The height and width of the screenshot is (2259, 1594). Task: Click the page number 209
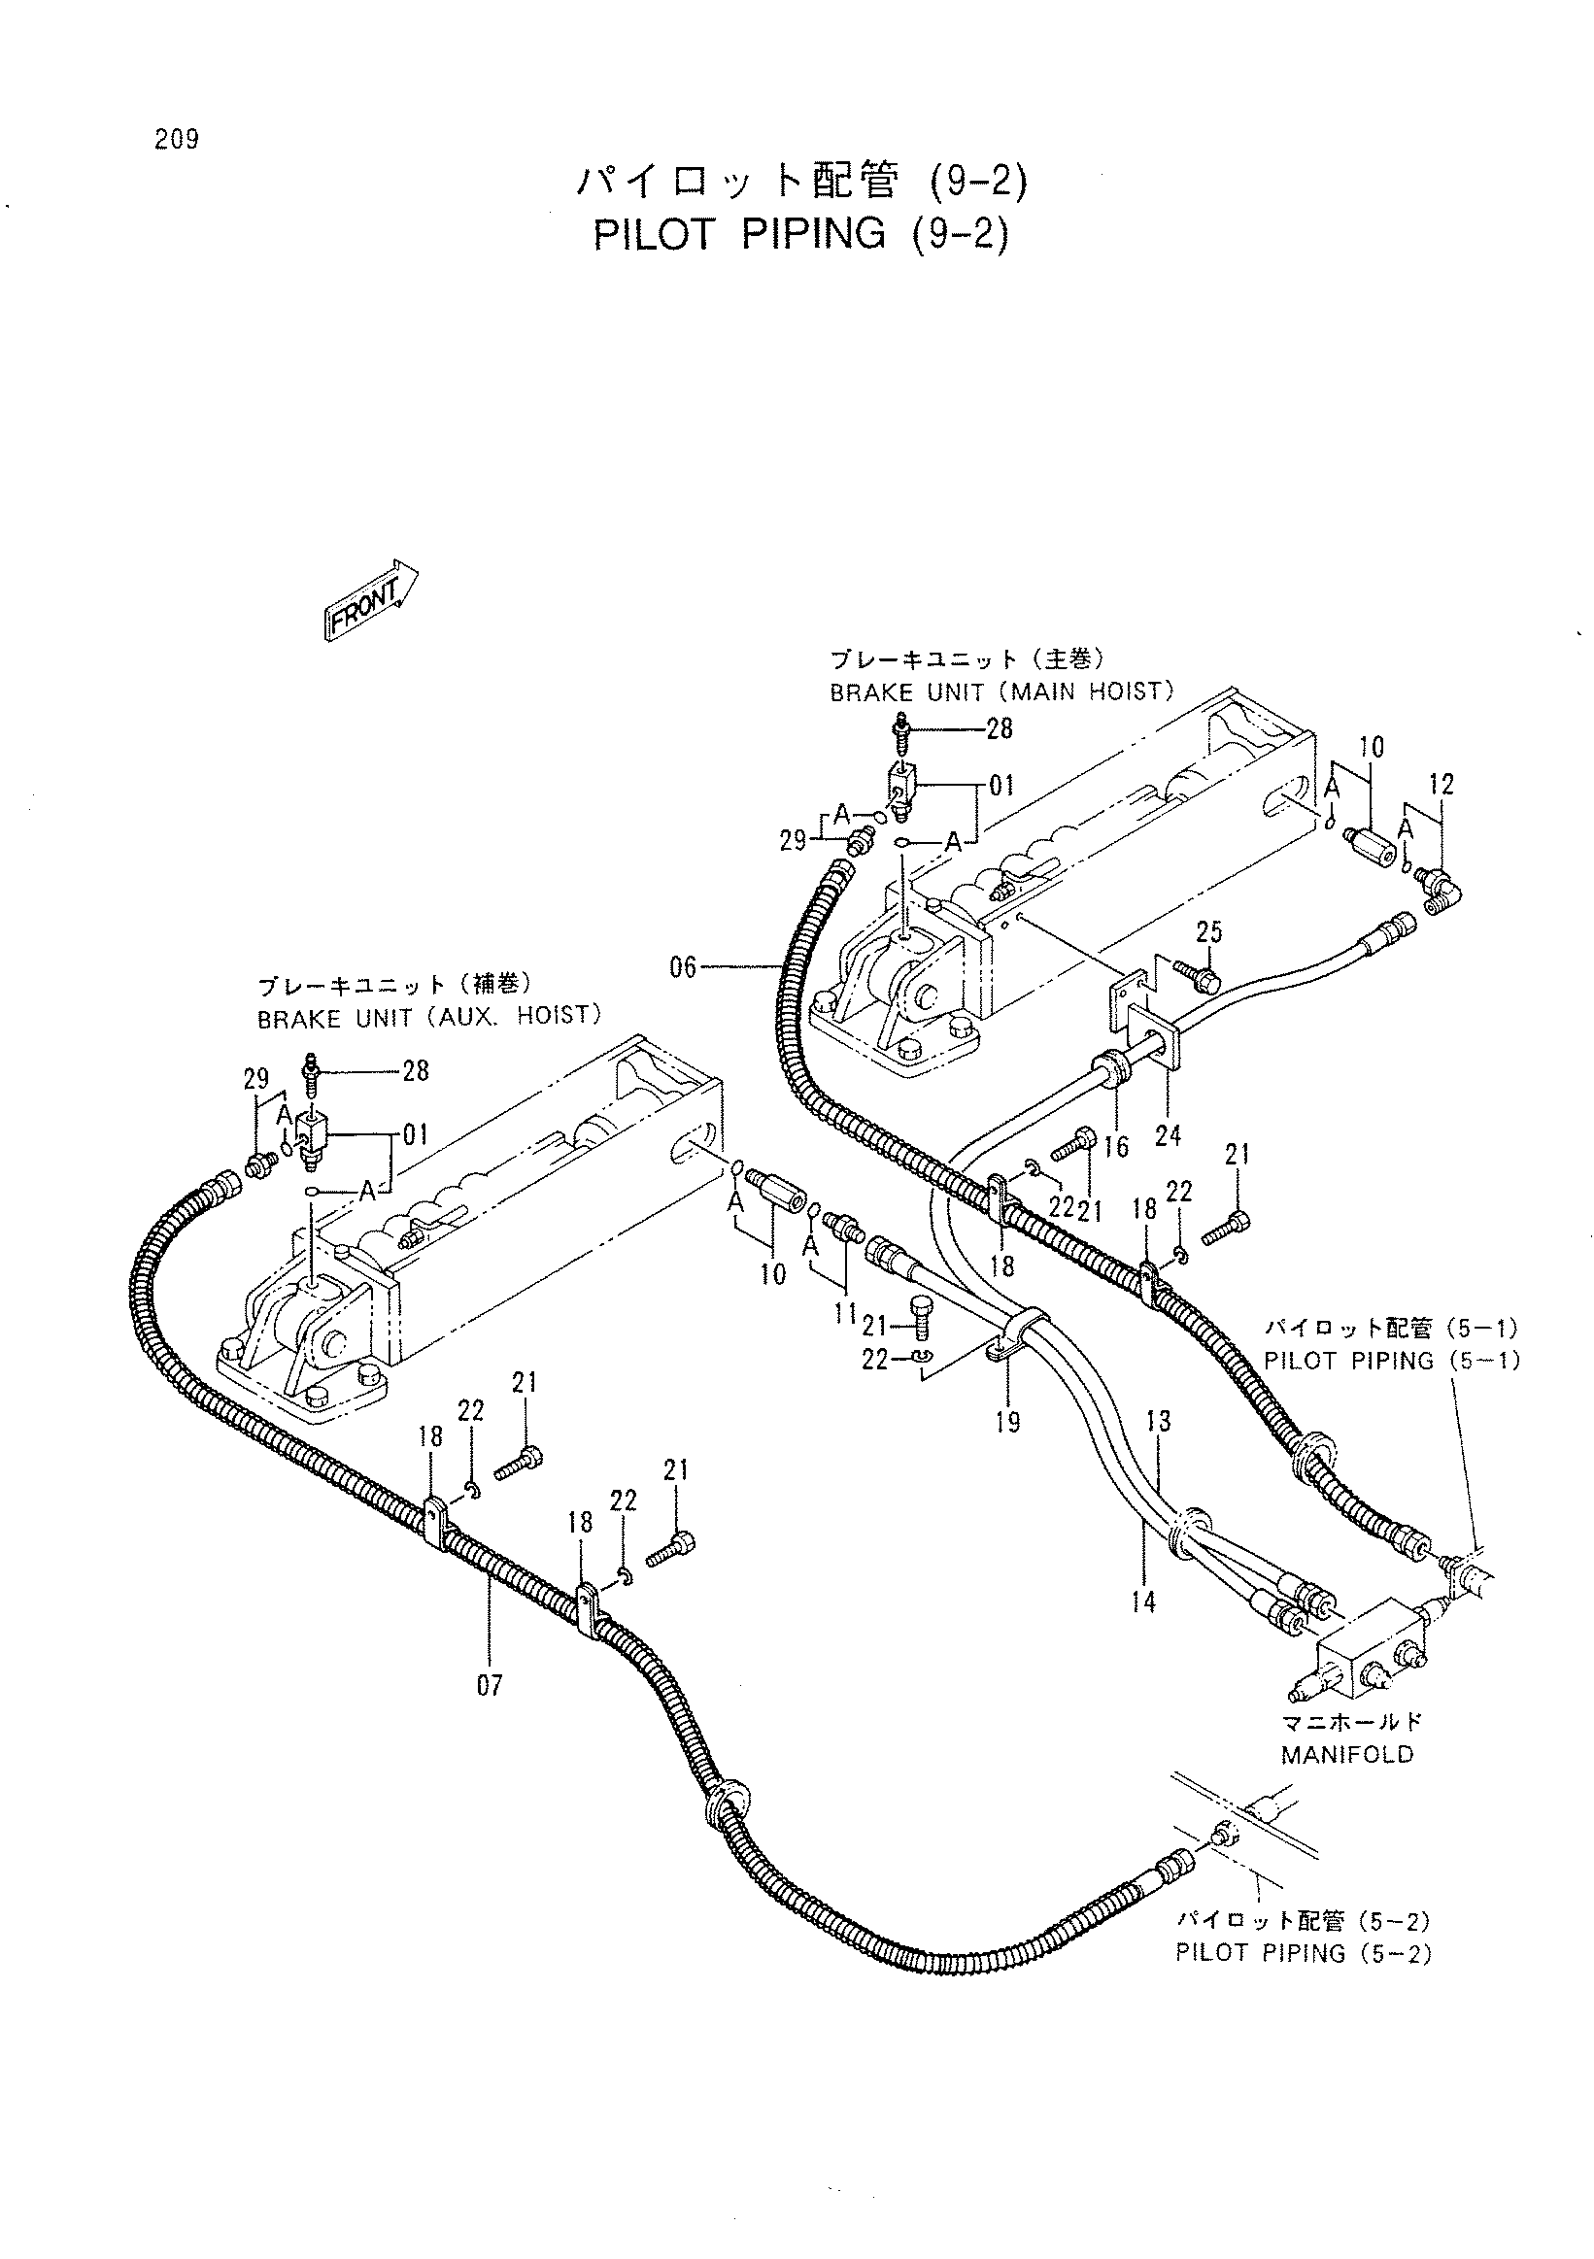[x=176, y=140]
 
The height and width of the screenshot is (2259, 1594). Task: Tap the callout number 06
[x=683, y=968]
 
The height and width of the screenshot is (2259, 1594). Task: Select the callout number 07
[x=489, y=1685]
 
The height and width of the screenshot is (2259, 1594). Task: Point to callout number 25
[x=1209, y=930]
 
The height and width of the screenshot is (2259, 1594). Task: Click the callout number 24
[x=1168, y=1135]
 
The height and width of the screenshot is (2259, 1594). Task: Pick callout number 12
[x=1441, y=784]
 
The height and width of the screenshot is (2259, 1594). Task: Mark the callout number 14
[x=1143, y=1602]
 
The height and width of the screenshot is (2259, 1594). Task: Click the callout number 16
[x=1117, y=1146]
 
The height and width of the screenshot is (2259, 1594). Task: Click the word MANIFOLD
[x=1347, y=1754]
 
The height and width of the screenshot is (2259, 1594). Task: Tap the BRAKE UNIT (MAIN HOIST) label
[x=1002, y=691]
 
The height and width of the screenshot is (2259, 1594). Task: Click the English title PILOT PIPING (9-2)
[x=802, y=234]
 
